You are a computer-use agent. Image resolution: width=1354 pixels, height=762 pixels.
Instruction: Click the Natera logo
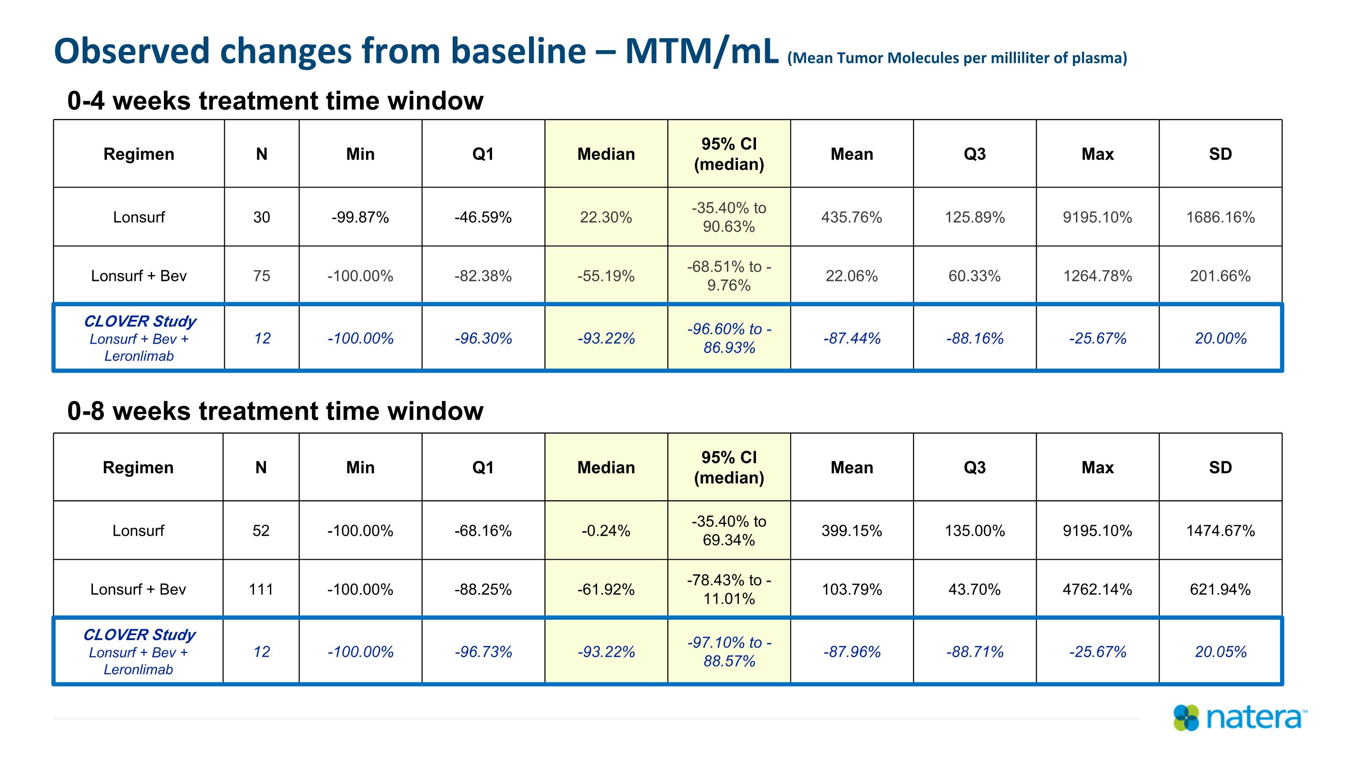click(1240, 718)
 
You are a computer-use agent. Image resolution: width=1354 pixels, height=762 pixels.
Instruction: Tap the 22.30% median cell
click(606, 217)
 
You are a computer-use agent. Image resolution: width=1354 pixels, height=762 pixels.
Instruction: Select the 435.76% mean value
click(852, 217)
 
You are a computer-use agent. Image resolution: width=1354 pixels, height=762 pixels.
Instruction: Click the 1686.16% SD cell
click(1220, 217)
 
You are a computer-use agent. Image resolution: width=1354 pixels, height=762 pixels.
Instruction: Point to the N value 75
click(262, 276)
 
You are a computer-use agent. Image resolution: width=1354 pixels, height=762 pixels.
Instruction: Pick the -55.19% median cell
click(606, 276)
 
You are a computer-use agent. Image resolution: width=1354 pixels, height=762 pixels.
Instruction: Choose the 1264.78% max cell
click(1098, 276)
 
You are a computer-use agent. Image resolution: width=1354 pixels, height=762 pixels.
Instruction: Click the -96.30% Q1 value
click(483, 338)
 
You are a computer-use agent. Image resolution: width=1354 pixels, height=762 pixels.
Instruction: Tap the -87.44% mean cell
click(852, 338)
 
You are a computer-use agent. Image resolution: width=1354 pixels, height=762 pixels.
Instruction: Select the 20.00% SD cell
click(1220, 338)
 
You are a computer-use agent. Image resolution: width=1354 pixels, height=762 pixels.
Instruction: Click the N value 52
click(261, 531)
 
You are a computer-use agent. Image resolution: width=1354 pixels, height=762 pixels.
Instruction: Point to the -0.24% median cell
click(606, 531)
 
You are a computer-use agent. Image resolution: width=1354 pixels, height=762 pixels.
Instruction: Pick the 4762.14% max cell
click(1098, 589)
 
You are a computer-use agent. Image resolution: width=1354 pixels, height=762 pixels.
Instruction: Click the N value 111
click(261, 589)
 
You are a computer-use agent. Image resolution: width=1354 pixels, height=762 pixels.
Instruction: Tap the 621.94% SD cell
click(1220, 589)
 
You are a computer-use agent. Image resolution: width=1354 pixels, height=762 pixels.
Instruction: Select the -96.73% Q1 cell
click(483, 652)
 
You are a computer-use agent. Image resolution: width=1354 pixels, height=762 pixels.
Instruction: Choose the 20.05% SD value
click(1220, 652)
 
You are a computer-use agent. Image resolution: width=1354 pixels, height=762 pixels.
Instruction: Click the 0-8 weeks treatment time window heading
click(275, 411)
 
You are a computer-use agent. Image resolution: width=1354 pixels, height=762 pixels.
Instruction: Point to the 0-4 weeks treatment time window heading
click(275, 100)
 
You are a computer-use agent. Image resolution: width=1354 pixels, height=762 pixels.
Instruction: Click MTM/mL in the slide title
click(702, 51)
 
